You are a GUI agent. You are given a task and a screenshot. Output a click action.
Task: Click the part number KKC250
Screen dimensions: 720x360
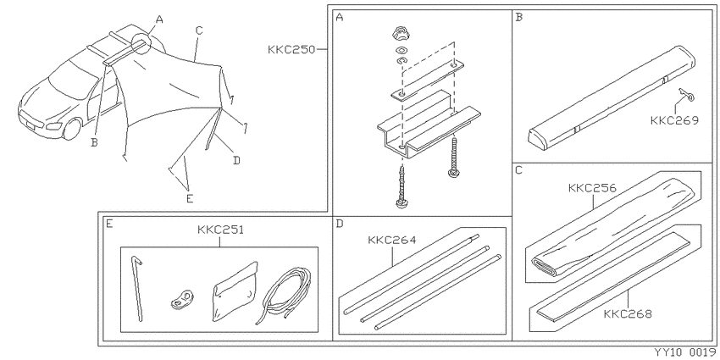coord(291,49)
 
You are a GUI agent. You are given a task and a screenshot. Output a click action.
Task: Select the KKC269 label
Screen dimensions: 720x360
coord(674,120)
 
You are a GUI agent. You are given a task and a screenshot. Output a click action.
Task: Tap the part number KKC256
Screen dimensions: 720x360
coord(592,188)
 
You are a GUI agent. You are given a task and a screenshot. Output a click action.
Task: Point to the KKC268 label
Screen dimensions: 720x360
coord(627,314)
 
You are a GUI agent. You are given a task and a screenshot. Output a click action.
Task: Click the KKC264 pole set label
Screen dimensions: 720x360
coord(391,240)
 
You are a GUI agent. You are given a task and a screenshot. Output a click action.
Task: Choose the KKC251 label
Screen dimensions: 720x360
coord(220,230)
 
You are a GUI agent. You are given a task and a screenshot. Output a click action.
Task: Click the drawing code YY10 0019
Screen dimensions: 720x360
coord(684,352)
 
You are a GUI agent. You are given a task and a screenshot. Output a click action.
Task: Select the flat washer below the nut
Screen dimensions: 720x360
coord(401,50)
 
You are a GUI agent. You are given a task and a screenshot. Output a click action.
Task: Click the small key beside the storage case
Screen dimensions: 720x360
coord(685,94)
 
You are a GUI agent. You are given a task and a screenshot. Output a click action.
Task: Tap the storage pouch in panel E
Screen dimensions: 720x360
coord(234,291)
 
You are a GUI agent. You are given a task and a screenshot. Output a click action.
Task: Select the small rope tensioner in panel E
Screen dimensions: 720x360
coord(182,299)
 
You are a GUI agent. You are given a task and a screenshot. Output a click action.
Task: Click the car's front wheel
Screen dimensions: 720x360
coord(72,129)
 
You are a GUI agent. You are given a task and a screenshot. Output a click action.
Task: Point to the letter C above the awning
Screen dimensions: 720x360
coord(199,30)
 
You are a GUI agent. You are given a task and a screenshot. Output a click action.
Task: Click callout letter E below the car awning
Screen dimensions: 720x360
coord(190,198)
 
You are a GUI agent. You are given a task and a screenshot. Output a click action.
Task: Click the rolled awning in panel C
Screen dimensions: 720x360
coord(611,228)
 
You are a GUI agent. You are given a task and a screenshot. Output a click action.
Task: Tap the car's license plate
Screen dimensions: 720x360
coord(30,123)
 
